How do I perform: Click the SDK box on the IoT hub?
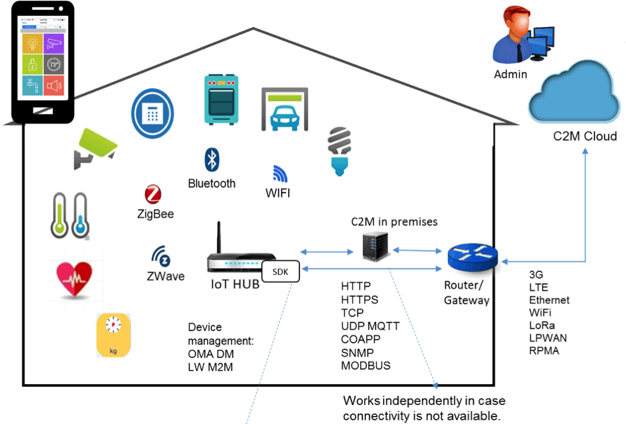click(x=281, y=271)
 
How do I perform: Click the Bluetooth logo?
click(x=211, y=160)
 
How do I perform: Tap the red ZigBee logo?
click(x=153, y=195)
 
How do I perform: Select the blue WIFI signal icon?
click(x=280, y=174)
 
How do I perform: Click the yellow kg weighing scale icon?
click(x=114, y=335)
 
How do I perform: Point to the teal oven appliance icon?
click(x=221, y=100)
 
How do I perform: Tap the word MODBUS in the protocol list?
click(x=366, y=365)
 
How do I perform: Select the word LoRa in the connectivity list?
click(x=540, y=325)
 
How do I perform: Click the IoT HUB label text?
click(x=235, y=285)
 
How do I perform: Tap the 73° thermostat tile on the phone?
click(x=54, y=65)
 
